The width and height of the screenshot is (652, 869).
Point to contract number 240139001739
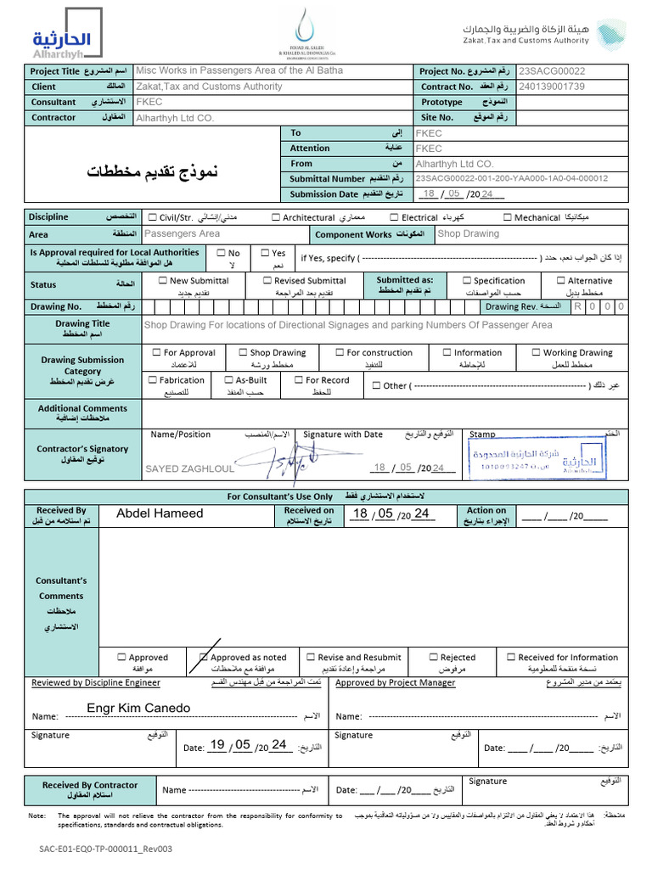pyautogui.click(x=553, y=87)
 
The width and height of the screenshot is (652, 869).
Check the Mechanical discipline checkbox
pyautogui.click(x=507, y=218)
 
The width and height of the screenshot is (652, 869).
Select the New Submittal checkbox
pyautogui.click(x=163, y=281)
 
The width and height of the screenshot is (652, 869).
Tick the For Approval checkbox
pyautogui.click(x=156, y=353)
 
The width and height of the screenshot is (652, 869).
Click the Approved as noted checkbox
pyautogui.click(x=204, y=658)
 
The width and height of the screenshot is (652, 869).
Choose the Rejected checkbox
pyautogui.click(x=434, y=658)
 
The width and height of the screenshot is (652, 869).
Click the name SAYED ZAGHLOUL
pyautogui.click(x=189, y=468)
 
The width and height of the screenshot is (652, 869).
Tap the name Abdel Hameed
pyautogui.click(x=160, y=513)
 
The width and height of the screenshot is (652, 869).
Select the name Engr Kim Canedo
pyautogui.click(x=138, y=709)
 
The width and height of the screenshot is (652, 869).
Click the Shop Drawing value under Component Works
pyautogui.click(x=469, y=234)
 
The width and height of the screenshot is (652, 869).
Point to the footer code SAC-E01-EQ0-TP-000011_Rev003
pyautogui.click(x=105, y=849)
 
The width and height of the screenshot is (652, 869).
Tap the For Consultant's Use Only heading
pyautogui.click(x=325, y=496)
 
